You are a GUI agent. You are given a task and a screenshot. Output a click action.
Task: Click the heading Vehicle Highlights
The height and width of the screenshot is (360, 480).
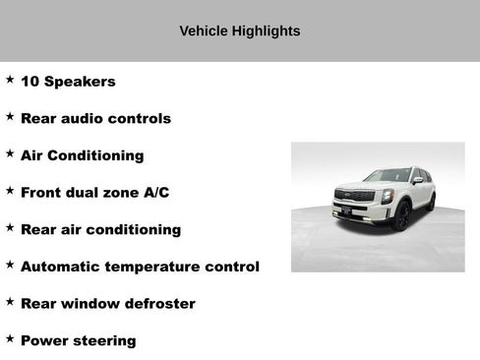pos(240,31)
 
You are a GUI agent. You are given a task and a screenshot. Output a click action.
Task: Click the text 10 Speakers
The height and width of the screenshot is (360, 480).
pos(68,82)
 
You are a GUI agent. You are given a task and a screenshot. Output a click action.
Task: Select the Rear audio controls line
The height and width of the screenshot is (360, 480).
pos(95,119)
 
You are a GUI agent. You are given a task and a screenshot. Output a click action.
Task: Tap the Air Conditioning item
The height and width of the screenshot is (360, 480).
pos(82,155)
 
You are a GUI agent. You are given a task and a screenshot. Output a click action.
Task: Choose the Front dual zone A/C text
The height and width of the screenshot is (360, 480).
pos(94,193)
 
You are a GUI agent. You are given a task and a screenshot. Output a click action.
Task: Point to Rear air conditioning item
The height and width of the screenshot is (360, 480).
pos(100,230)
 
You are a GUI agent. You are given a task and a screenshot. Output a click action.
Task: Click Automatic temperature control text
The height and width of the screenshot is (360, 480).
pos(140,267)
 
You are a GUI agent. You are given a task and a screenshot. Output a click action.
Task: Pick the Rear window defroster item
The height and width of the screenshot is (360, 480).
pos(107,304)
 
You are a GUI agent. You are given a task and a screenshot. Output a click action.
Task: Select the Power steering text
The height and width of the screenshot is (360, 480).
pos(78,341)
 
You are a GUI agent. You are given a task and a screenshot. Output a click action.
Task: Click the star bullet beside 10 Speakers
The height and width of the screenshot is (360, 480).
pos(10,79)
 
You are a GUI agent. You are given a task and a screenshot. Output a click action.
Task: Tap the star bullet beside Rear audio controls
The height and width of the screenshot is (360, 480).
pos(10,116)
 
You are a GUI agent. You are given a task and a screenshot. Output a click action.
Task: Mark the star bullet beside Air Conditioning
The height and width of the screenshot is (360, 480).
pos(10,153)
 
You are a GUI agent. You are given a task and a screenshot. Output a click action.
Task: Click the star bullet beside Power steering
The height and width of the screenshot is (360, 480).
pos(10,338)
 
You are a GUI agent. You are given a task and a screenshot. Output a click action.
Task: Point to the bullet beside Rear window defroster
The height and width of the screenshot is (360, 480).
pos(10,301)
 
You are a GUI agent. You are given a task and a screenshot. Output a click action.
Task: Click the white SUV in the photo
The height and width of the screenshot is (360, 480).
pos(385,197)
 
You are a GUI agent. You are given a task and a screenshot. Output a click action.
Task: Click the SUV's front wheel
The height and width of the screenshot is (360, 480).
pos(401,216)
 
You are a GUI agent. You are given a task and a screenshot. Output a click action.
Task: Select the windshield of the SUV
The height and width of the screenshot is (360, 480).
pos(388,175)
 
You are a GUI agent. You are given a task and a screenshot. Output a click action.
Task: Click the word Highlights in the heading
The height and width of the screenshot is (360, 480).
pos(266,31)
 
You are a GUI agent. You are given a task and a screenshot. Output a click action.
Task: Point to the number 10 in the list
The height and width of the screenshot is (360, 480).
pos(29,82)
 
